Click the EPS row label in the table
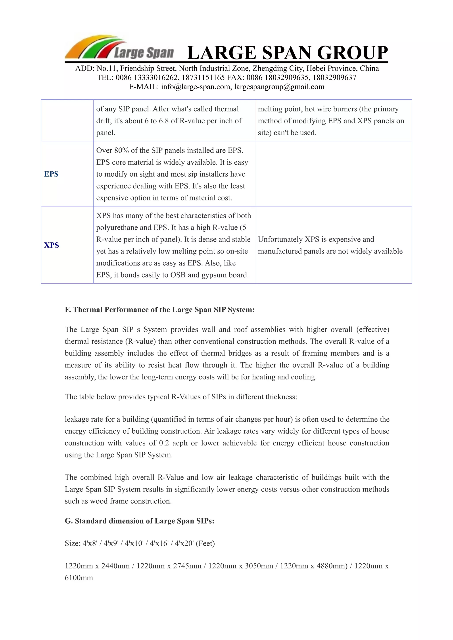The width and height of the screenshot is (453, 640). (x=51, y=174)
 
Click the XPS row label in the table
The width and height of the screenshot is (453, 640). (x=52, y=245)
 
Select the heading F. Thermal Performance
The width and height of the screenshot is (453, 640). (x=159, y=310)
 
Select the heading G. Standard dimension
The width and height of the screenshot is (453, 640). (x=140, y=521)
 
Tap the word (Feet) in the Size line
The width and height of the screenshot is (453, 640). (x=205, y=544)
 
